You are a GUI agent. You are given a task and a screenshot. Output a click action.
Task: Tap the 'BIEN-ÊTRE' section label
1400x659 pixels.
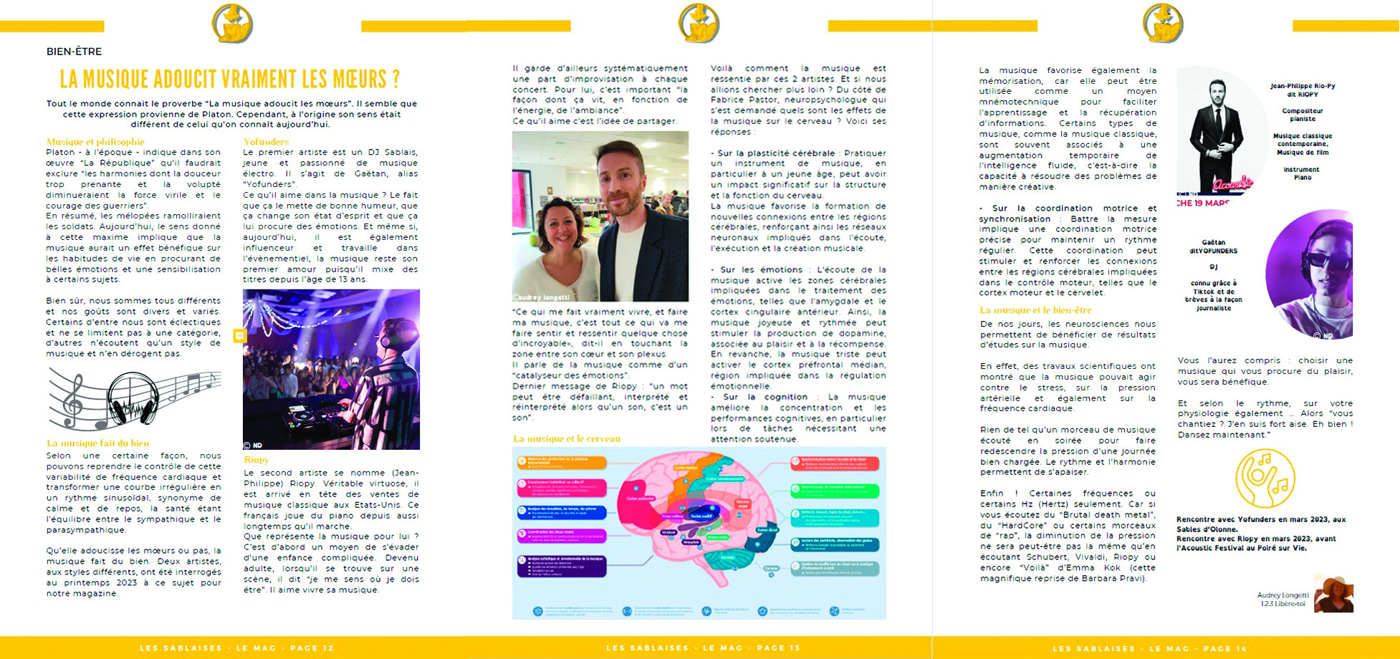coord(74,52)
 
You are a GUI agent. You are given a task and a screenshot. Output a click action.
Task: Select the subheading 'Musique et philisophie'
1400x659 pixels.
coord(95,142)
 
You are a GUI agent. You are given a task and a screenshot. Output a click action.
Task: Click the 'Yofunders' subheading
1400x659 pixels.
coord(266,142)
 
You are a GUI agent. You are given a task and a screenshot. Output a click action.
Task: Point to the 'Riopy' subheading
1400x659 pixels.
coord(256,460)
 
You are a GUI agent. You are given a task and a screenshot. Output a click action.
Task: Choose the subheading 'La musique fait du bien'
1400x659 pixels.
coord(97,443)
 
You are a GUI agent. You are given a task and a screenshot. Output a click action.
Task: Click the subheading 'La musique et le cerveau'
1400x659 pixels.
coord(566,438)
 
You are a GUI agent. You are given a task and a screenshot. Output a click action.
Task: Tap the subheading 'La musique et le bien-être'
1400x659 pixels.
coord(1035,310)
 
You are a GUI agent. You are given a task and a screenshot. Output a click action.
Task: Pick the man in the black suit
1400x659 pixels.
coord(1216,136)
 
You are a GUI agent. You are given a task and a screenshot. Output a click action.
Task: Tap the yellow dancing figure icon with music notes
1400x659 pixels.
coord(1265,478)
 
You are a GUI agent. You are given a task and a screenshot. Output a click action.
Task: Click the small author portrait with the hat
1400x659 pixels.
coord(1334,595)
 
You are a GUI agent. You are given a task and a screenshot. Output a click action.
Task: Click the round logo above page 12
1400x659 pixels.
coord(232,23)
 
